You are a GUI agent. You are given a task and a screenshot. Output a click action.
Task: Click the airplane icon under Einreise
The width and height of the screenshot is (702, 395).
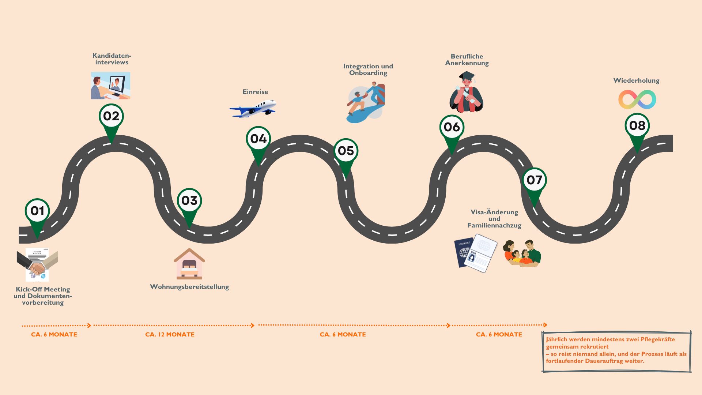pyautogui.click(x=253, y=109)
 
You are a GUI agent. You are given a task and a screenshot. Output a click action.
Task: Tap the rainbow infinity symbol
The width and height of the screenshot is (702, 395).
pyautogui.click(x=637, y=99)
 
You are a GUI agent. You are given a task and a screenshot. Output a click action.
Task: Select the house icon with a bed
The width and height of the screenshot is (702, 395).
pyautogui.click(x=189, y=264)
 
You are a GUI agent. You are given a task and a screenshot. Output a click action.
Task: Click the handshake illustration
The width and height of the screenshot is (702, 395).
pyautogui.click(x=37, y=265)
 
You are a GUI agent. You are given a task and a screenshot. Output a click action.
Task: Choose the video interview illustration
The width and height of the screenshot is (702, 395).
pyautogui.click(x=110, y=86)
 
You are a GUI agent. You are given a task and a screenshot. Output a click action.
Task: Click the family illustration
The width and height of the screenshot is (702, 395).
pyautogui.click(x=522, y=253)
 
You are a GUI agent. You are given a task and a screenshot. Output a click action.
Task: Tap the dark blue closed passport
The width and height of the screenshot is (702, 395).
pyautogui.click(x=463, y=253)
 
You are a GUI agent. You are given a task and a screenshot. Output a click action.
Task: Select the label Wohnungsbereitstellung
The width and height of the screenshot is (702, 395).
pyautogui.click(x=189, y=287)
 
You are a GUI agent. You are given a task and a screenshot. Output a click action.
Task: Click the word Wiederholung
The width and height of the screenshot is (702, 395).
pyautogui.click(x=636, y=80)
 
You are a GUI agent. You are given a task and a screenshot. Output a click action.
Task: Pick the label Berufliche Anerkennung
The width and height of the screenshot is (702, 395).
pyautogui.click(x=467, y=60)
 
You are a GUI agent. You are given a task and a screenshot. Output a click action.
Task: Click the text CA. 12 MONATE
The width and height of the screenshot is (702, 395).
pyautogui.click(x=170, y=334)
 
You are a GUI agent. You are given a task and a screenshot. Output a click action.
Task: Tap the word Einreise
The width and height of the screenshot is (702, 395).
pyautogui.click(x=255, y=92)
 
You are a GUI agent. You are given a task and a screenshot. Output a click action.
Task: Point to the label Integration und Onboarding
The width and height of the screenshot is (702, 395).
pyautogui.click(x=368, y=69)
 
